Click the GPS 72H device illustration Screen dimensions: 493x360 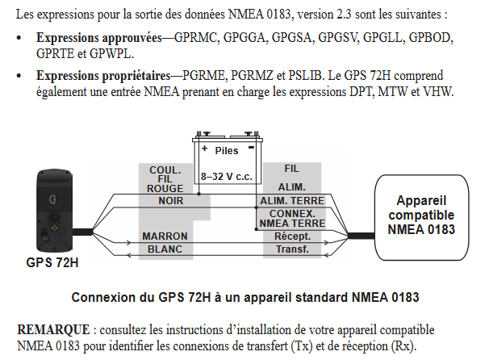coord(55,211)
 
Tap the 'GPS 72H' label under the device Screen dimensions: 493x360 coord(52,262)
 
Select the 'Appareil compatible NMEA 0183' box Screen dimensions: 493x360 coord(421,217)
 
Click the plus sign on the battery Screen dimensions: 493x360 coord(205,148)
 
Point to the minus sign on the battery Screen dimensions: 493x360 coord(251,147)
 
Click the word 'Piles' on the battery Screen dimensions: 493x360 coord(227,151)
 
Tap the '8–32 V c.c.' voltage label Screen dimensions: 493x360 coord(227,177)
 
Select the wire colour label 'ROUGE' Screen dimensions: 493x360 coord(165,188)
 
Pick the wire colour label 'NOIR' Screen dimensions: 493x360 coord(171,201)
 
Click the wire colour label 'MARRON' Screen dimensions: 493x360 coord(165,237)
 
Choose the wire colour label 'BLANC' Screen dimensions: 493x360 coord(165,249)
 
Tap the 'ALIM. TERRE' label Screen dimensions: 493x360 coord(292,201)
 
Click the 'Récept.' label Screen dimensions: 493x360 coord(292,237)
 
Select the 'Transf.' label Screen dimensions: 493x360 coord(292,249)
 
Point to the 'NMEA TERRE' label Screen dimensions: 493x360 coord(292,224)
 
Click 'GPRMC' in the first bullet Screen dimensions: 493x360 coord(195,38)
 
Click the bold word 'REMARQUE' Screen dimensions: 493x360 coord(53,330)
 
